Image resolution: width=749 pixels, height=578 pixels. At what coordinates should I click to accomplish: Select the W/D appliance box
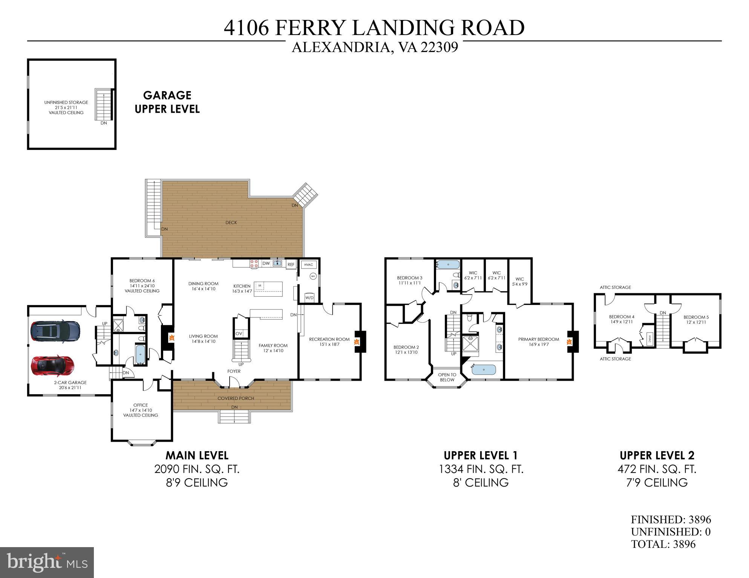point(309,297)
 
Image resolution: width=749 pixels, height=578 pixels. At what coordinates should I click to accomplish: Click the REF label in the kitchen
point(291,265)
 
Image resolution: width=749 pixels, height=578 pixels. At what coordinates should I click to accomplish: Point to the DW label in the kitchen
point(266,264)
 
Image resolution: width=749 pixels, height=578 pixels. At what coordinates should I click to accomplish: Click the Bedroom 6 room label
point(142,285)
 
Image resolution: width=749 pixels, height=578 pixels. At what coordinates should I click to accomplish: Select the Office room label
point(141,410)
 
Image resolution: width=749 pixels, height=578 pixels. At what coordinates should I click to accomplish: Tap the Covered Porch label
point(236,398)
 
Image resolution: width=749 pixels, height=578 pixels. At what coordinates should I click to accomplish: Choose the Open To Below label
point(447,377)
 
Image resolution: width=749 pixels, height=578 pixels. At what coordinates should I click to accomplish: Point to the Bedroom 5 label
point(696,319)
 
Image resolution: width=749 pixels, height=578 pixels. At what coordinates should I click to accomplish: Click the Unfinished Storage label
point(66,107)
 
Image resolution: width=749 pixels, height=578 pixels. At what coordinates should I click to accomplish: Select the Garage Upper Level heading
point(167,102)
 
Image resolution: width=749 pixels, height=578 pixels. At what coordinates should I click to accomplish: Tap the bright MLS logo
point(47,562)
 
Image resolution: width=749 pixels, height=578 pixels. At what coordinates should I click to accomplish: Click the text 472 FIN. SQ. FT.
point(657,469)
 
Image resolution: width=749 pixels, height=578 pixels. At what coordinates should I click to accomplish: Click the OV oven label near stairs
point(239,334)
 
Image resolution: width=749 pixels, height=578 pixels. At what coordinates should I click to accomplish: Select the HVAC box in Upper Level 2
point(649,339)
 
